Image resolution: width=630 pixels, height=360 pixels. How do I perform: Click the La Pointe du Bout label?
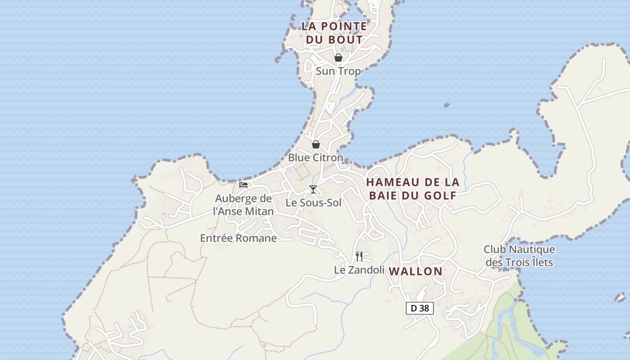tap(334, 33)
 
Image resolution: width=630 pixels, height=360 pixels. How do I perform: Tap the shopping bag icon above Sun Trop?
tap(338, 58)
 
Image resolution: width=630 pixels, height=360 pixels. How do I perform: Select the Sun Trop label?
tap(338, 71)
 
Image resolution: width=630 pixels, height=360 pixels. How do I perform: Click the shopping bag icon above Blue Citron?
tap(316, 144)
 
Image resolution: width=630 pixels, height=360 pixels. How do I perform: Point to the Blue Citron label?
tap(315, 158)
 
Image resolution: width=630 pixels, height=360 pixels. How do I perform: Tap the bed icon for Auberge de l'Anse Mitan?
tap(243, 184)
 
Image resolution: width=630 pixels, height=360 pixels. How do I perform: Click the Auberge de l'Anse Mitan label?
tap(243, 205)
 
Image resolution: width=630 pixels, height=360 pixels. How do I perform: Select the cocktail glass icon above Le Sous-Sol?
tap(313, 189)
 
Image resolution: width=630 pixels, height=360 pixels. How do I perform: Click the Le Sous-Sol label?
tap(314, 203)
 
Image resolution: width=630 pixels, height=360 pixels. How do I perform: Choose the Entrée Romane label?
tap(238, 238)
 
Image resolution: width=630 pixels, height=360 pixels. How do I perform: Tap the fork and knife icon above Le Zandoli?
tap(359, 256)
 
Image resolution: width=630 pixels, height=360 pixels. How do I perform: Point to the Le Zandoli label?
tap(359, 270)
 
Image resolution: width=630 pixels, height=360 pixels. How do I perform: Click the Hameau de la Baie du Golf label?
tap(413, 189)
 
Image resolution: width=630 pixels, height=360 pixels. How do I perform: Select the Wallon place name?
tap(416, 271)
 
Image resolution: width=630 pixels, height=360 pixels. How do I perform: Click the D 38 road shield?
tap(420, 308)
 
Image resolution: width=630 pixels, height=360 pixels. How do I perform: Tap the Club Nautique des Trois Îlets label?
tap(519, 256)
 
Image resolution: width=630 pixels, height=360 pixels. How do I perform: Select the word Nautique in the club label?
tap(531, 249)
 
